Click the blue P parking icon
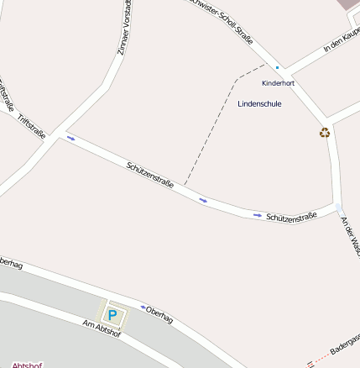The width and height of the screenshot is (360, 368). pos(113,315)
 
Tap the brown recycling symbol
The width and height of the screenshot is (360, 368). pos(325,132)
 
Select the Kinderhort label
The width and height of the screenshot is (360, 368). pos(278,83)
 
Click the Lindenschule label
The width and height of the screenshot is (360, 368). pos(259,103)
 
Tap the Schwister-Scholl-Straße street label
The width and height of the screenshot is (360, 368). pos(222,18)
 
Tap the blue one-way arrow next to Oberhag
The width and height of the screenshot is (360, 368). pos(143,307)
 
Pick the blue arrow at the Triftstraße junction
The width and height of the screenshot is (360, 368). pos(70,137)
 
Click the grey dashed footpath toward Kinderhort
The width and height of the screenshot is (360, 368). pos(210,126)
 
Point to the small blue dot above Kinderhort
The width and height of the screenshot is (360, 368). pos(277,67)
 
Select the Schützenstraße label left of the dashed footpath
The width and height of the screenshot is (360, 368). pos(150,175)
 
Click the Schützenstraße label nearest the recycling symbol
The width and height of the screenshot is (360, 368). pos(290,217)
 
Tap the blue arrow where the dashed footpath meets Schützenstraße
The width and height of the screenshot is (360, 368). pos(203,200)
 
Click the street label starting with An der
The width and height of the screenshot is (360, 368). pos(349,236)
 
